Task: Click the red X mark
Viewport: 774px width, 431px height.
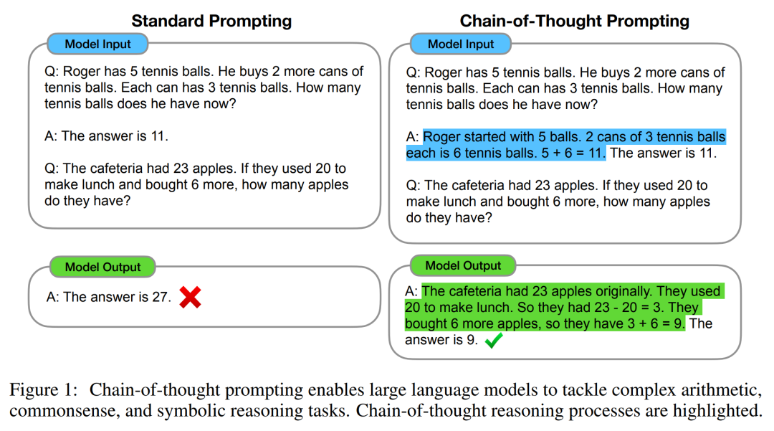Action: coord(190,297)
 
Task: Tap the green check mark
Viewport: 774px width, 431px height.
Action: coord(494,340)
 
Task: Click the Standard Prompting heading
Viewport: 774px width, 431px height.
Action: coord(211,21)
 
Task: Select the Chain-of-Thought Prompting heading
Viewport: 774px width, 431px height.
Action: coord(575,21)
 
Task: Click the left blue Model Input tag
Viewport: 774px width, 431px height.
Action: coord(97,44)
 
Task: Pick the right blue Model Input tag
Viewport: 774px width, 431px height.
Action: coord(461,44)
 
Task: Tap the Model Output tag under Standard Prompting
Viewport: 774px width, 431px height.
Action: coord(102,267)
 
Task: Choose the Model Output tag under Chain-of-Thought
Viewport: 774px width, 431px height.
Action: coord(463,265)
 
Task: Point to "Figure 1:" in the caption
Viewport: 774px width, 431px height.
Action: coord(44,389)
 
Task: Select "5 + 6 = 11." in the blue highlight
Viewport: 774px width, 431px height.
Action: coord(573,153)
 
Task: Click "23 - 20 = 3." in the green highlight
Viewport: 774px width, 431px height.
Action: coord(626,307)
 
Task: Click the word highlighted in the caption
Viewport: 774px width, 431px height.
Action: coord(717,411)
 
